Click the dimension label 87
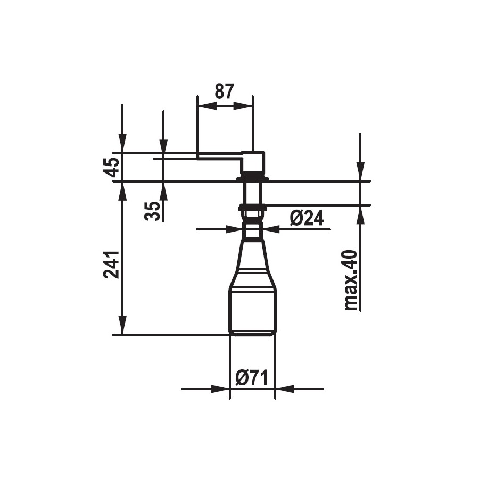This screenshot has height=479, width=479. pyautogui.click(x=224, y=91)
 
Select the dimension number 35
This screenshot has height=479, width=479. pyautogui.click(x=152, y=211)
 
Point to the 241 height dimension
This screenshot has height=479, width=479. pyautogui.click(x=111, y=265)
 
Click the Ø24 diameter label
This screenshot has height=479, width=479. pyautogui.click(x=307, y=218)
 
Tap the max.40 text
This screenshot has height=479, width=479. pyautogui.click(x=351, y=280)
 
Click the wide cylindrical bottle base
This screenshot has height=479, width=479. pyautogui.click(x=253, y=311)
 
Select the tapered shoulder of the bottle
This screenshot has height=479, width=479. pyautogui.click(x=253, y=264)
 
